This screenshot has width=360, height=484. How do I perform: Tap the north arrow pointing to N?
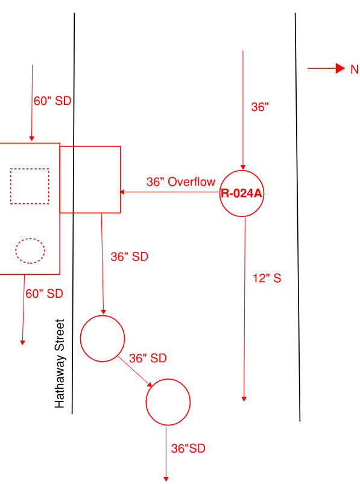click(326, 68)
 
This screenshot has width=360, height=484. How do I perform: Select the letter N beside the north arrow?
click(355, 69)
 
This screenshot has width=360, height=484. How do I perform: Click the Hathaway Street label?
click(60, 363)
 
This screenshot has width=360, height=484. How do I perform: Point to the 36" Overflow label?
click(181, 182)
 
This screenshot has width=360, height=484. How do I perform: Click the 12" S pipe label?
click(267, 278)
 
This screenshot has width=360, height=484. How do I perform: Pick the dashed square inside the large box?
click(30, 169)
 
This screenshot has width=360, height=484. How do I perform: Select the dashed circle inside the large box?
click(30, 239)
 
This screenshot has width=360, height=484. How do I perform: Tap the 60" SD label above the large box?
click(52, 101)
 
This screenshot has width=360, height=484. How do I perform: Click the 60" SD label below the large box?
click(44, 294)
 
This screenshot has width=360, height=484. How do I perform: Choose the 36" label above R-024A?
click(260, 107)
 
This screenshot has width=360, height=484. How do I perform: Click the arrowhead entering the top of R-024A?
click(243, 168)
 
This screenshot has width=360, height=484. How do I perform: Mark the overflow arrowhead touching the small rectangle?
click(122, 192)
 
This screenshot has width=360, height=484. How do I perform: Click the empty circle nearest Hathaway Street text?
click(80, 338)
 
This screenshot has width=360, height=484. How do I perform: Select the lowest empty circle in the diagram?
click(146, 402)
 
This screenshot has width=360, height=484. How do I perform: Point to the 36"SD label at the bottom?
click(188, 448)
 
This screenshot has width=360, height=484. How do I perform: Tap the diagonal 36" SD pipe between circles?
click(135, 371)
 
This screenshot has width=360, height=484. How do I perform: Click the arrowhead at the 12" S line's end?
click(244, 399)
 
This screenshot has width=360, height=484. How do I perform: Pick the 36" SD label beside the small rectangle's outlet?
click(130, 257)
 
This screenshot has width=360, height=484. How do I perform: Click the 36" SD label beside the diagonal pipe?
click(148, 359)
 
